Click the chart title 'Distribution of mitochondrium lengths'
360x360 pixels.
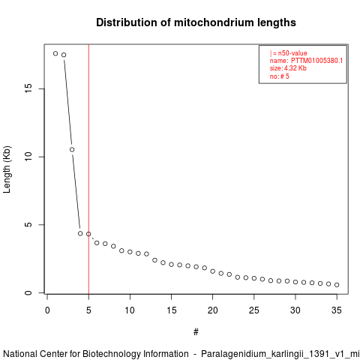196,22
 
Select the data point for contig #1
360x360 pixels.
55,53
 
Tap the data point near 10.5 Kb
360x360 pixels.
72,149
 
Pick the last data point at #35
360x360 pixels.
337,285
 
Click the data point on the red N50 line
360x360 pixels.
88,234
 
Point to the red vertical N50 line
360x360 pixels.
88,169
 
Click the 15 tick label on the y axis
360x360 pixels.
28,89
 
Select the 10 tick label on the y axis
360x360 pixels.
28,157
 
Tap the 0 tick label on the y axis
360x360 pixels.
28,292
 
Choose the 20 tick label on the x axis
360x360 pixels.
212,310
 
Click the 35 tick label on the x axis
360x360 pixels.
337,310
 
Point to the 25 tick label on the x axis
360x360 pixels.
254,310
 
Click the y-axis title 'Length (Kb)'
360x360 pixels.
7,169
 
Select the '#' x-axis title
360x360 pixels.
196,332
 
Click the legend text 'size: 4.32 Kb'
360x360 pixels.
288,68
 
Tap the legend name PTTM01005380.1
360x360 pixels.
316,61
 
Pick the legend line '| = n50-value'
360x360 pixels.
289,53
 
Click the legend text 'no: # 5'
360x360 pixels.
279,76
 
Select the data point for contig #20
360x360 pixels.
213,271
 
